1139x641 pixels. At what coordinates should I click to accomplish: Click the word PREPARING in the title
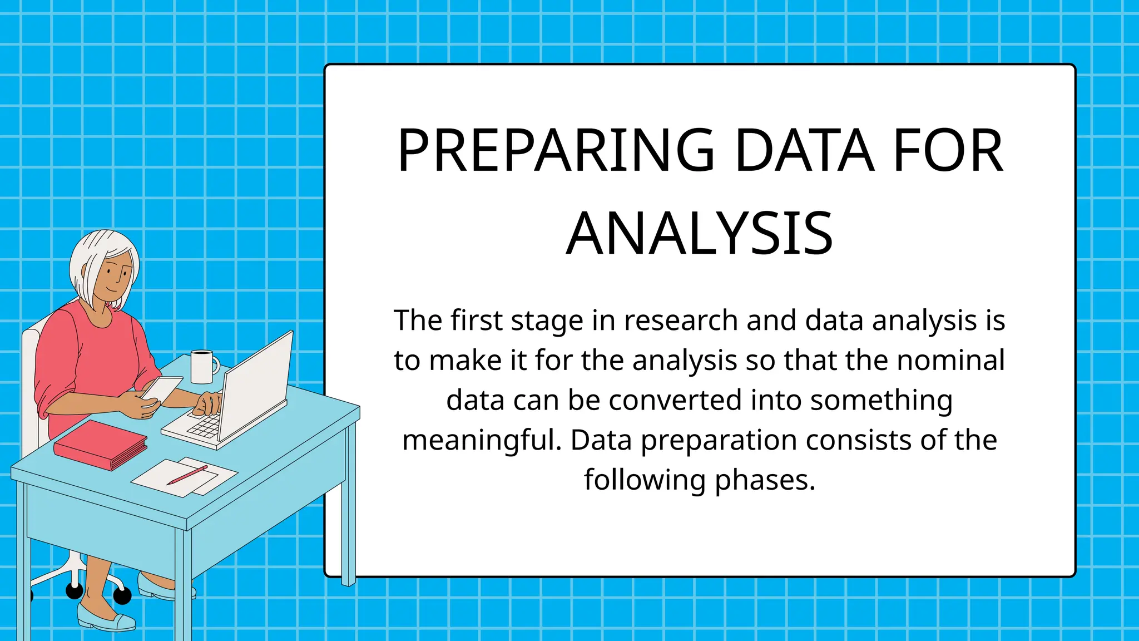coord(556,151)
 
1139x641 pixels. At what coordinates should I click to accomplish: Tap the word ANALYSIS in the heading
coord(699,234)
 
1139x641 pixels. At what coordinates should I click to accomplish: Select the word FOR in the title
coord(948,151)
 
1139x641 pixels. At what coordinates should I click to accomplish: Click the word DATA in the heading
coord(804,151)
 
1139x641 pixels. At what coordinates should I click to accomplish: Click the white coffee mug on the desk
coord(202,367)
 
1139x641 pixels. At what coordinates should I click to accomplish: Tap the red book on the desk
coord(100,445)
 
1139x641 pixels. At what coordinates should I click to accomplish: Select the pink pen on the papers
coord(187,475)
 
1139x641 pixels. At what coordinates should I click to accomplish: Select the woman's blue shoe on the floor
coord(106,618)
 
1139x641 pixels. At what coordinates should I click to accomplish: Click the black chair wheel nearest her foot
coord(122,595)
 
